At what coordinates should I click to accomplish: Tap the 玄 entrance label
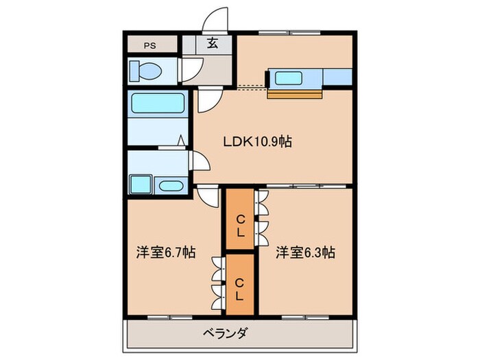[213, 43]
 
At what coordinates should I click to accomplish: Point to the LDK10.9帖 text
[258, 142]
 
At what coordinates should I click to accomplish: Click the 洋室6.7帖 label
[165, 252]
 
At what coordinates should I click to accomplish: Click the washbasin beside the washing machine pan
[169, 186]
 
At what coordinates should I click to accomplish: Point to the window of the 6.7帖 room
[169, 316]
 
